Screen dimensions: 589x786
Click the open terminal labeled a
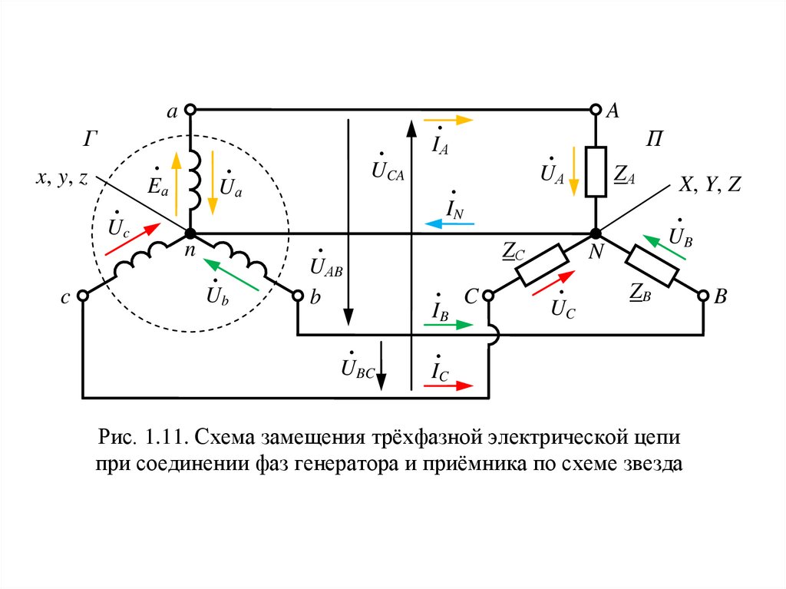click(x=189, y=110)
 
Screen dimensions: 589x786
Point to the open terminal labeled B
click(x=703, y=296)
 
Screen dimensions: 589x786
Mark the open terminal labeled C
click(x=488, y=296)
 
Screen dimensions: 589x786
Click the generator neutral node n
click(x=189, y=233)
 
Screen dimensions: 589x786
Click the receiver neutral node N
click(x=596, y=233)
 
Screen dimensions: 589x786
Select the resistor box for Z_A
click(x=596, y=172)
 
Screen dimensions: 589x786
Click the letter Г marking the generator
click(x=91, y=139)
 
